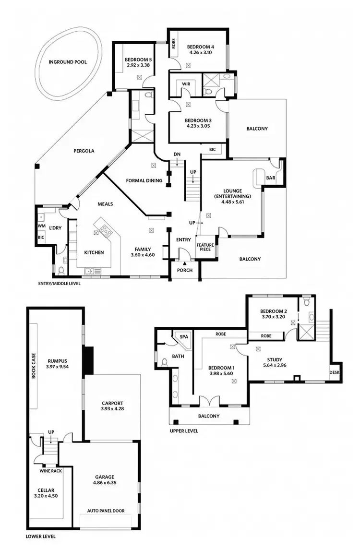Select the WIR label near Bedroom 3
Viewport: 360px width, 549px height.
coord(185,84)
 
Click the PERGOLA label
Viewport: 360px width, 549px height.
coord(84,151)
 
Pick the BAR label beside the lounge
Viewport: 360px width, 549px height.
coord(271,178)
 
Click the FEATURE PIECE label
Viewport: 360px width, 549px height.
coord(205,247)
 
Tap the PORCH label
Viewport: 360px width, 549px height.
coord(185,270)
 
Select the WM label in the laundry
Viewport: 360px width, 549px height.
coord(41,226)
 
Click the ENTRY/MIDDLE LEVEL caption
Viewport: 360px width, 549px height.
coord(59,284)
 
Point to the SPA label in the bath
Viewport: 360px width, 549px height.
coord(183,337)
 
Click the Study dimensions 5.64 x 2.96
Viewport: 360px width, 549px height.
coord(275,366)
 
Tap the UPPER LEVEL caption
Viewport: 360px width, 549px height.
coord(184,431)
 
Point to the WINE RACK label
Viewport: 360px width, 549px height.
coord(50,471)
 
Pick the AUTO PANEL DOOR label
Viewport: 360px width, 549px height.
coord(106,511)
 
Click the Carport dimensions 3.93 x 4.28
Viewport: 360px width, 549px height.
coord(113,409)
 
